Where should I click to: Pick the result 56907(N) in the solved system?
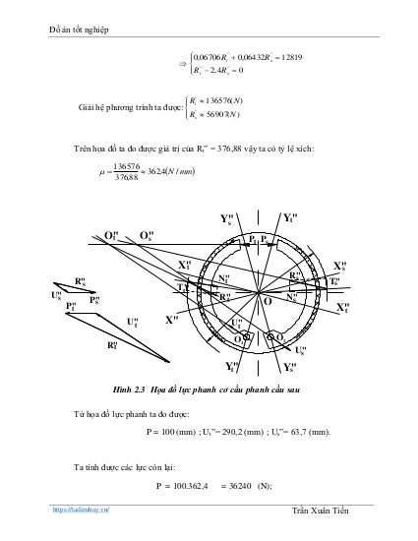coord(232,113)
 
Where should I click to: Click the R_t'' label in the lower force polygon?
coord(113,345)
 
